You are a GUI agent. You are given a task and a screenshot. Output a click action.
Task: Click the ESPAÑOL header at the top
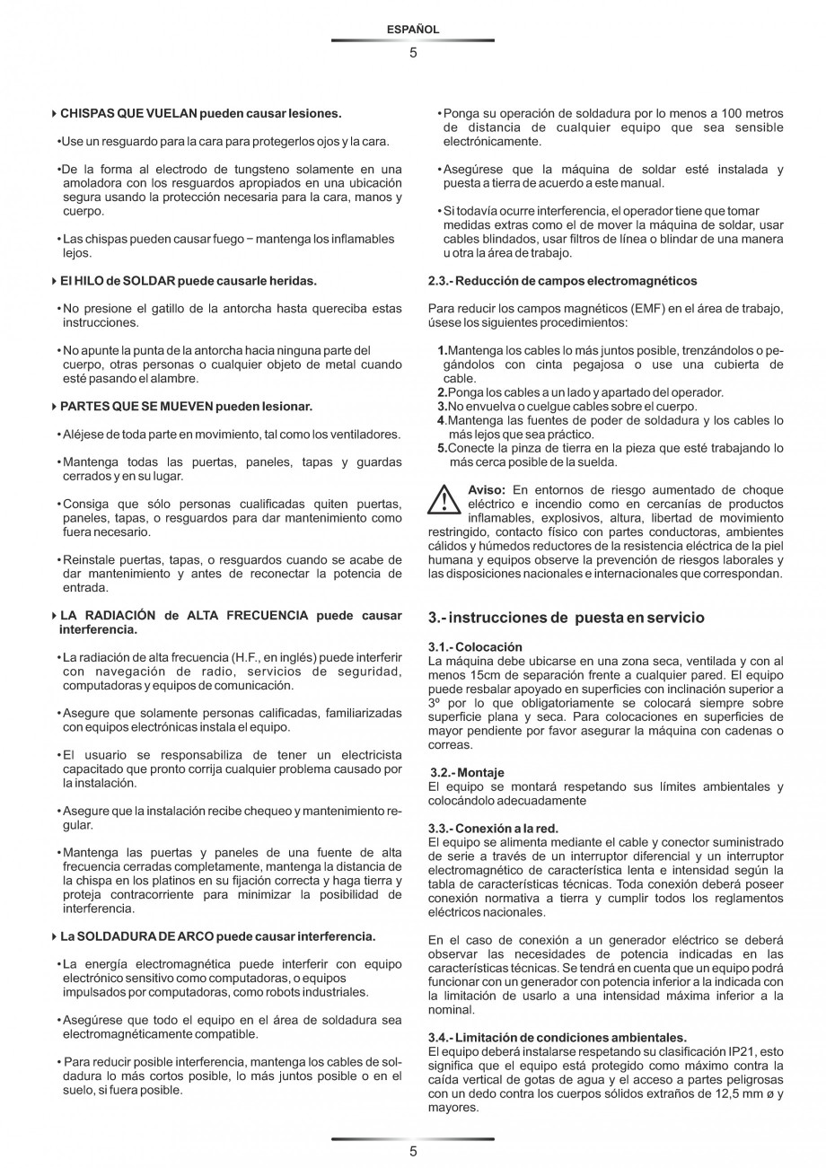[413, 30]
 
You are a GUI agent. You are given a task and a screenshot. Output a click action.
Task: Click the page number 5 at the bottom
[413, 1152]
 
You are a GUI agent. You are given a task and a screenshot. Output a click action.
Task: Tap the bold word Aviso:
[487, 490]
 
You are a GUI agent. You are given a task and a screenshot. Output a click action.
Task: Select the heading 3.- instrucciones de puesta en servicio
[567, 618]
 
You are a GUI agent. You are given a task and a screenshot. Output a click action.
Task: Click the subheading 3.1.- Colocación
[476, 646]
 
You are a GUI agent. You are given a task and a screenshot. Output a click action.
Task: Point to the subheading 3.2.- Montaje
[467, 772]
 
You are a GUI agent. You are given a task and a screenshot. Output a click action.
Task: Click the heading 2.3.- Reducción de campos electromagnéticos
[562, 281]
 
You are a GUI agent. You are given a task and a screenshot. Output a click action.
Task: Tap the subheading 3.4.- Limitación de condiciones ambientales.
[557, 1037]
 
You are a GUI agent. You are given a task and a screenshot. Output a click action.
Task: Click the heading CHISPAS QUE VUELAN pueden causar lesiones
[200, 114]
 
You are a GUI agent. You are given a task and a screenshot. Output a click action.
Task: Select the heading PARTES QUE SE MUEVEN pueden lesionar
[186, 407]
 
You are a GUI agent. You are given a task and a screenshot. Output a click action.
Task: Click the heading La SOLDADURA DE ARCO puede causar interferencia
[217, 936]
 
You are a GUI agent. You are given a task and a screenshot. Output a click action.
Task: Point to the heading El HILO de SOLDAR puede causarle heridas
[188, 281]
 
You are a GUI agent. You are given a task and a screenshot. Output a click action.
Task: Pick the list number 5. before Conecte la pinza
[442, 448]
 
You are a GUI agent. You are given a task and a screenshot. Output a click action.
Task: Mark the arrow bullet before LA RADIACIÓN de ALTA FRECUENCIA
[54, 616]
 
